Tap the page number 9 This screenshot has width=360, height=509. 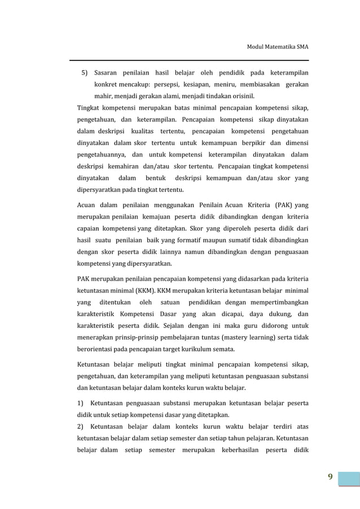point(330,479)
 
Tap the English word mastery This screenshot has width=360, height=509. point(236,338)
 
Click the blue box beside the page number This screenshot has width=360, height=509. point(349,479)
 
